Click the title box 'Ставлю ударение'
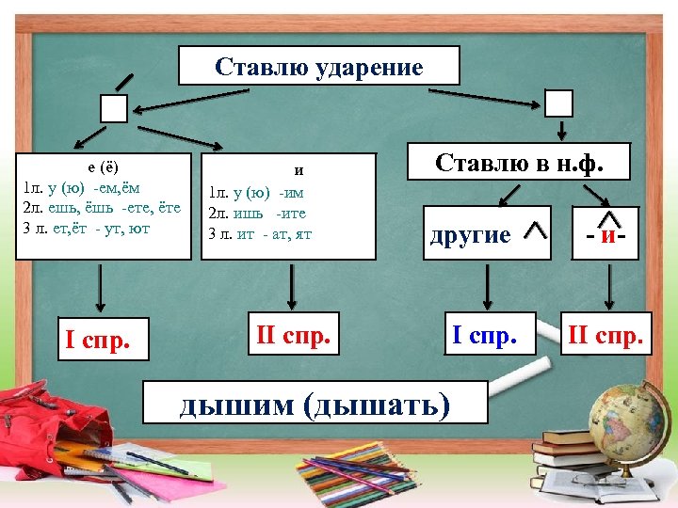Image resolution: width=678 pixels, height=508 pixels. (x=319, y=67)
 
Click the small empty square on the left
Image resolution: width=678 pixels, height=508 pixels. (x=114, y=109)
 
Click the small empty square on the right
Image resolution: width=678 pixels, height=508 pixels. (x=559, y=103)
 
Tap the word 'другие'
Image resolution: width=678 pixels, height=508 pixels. (x=470, y=234)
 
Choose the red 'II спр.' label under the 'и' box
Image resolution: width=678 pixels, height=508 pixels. (x=295, y=334)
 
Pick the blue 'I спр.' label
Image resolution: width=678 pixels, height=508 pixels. (x=485, y=334)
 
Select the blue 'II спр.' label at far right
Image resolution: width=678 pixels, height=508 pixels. (x=606, y=334)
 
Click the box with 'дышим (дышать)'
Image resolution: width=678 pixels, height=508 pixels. (x=315, y=404)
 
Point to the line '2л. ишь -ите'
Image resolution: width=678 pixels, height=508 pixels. (x=257, y=213)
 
